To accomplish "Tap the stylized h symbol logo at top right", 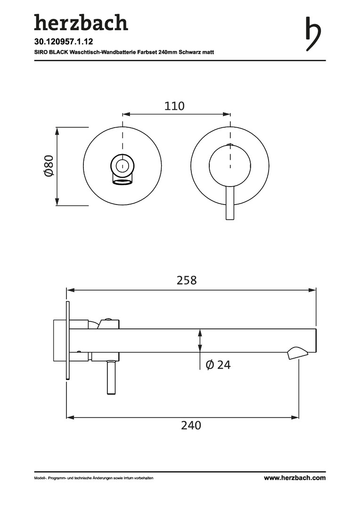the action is point(313,34).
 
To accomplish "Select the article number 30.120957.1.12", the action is point(64,41).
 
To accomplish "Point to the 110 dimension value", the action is point(174,106).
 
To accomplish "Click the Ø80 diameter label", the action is point(49,166).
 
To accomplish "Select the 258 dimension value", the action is point(187,280).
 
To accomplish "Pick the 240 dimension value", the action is point(191,425).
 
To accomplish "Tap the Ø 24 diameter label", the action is point(218,365).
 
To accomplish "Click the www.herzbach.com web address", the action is point(295,478).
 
